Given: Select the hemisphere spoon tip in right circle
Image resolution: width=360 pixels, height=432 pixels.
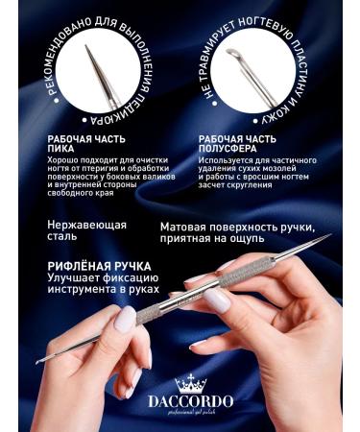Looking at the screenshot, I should tap(233, 53).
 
